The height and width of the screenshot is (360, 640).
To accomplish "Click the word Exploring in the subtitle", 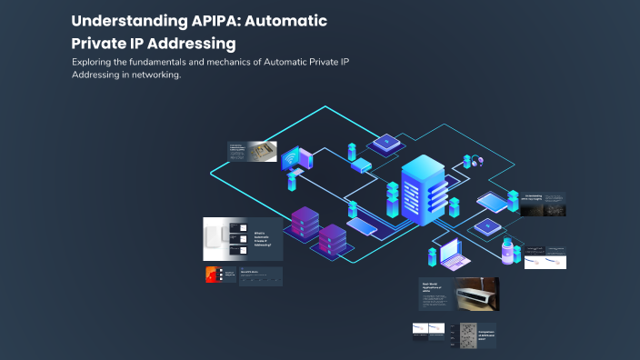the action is pyautogui.click(x=93, y=62).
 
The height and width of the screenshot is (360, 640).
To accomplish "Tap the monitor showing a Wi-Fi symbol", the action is pyautogui.click(x=295, y=159).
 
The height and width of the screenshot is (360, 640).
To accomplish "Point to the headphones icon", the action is pyautogui.click(x=475, y=161).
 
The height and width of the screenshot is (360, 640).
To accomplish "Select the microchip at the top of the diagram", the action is pyautogui.click(x=385, y=142).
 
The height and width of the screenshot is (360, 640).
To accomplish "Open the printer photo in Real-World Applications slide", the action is pyautogui.click(x=476, y=294).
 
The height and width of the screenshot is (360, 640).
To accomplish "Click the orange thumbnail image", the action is pyautogui.click(x=212, y=276).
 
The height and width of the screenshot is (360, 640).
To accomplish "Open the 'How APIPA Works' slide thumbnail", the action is pyautogui.click(x=261, y=276).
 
